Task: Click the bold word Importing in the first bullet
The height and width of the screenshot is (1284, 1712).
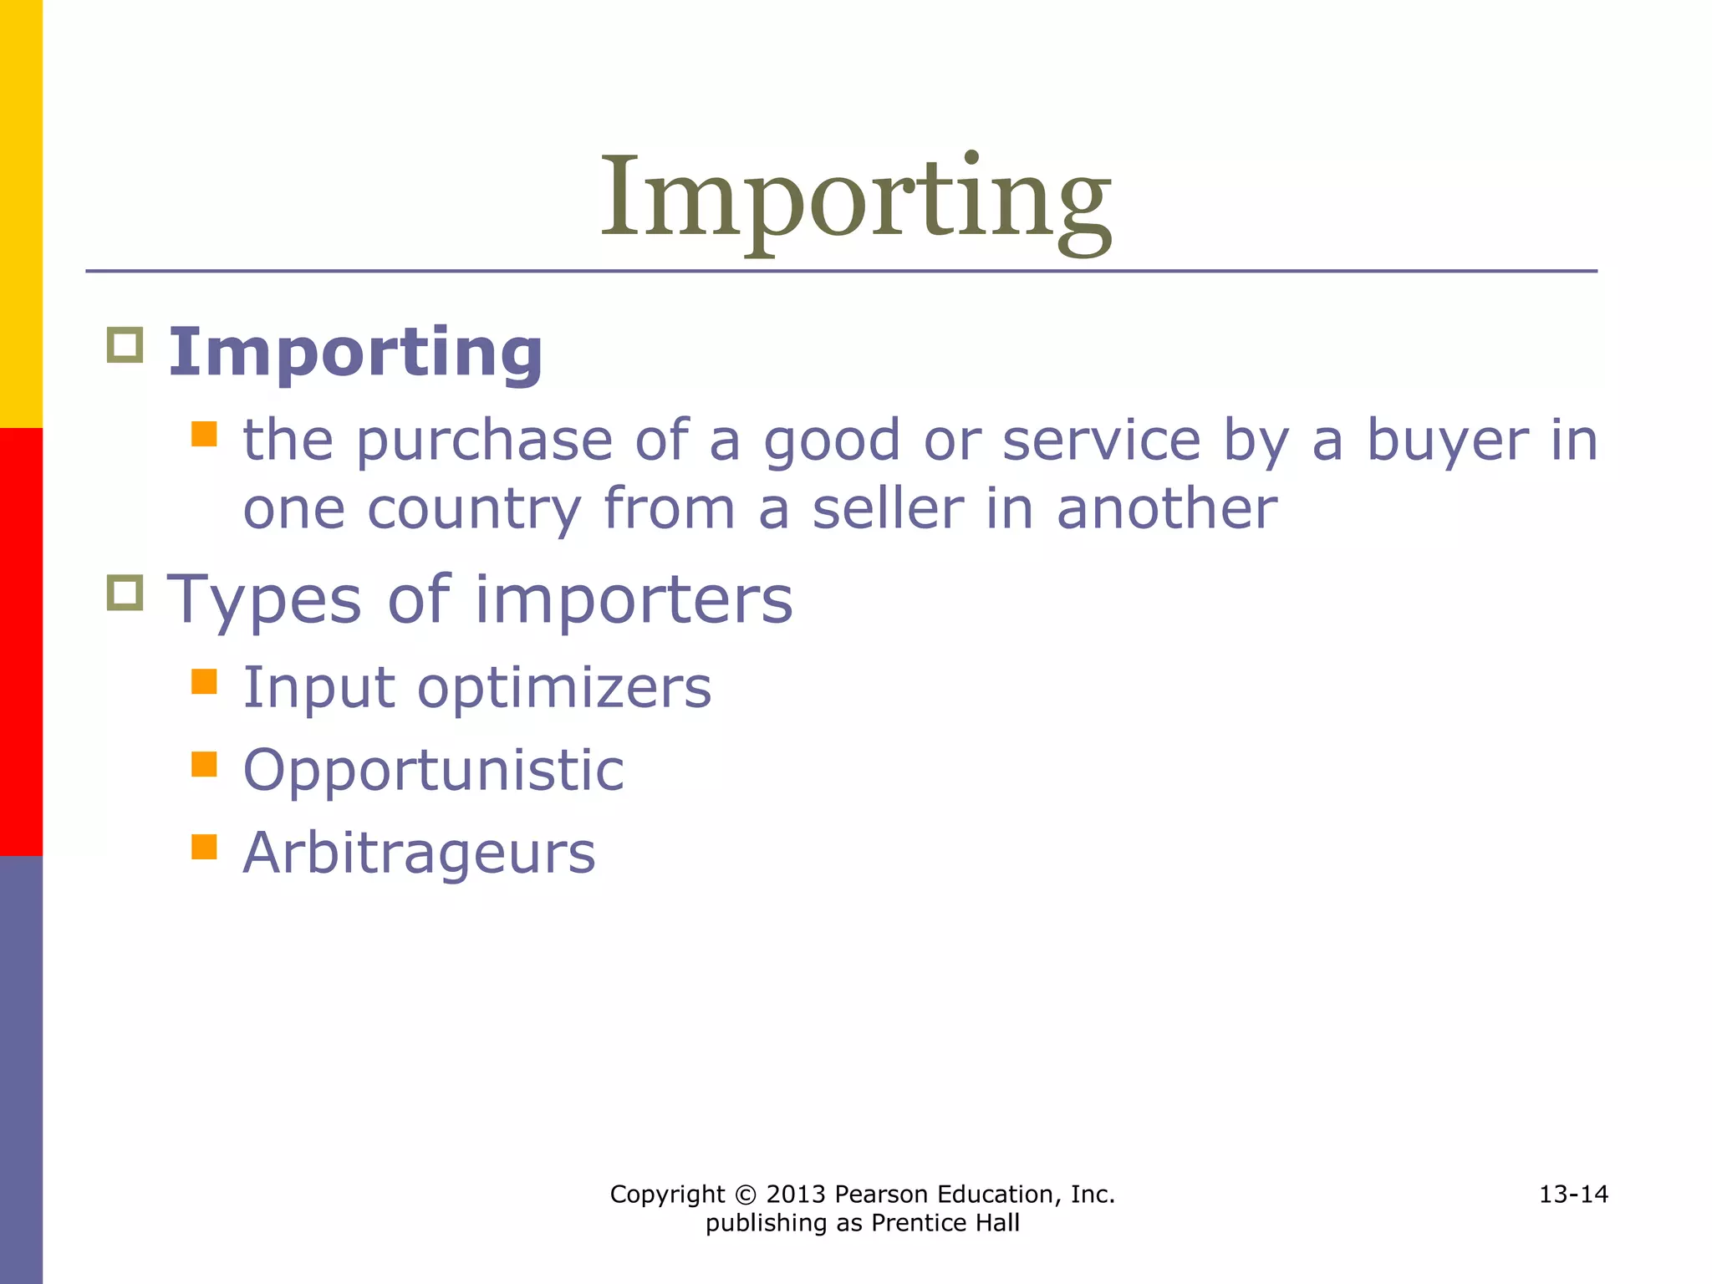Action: pyautogui.click(x=356, y=354)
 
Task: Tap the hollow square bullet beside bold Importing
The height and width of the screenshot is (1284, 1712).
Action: pyautogui.click(x=125, y=344)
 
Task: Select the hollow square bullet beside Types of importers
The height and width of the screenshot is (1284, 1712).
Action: pyautogui.click(x=125, y=593)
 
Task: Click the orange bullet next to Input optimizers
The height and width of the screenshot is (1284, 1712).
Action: pyautogui.click(x=204, y=681)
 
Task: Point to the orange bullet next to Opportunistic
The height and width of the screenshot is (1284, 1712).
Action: pyautogui.click(x=204, y=764)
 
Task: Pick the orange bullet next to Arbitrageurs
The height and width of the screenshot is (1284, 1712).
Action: pyautogui.click(x=204, y=847)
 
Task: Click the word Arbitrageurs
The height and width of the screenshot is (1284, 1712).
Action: pyautogui.click(x=419, y=853)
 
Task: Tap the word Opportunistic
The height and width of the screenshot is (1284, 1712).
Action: pyautogui.click(x=433, y=771)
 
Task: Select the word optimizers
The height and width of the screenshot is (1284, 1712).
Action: pyautogui.click(x=564, y=688)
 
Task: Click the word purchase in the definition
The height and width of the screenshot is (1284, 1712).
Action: pyautogui.click(x=484, y=441)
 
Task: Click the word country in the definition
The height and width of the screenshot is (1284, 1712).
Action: pyautogui.click(x=474, y=511)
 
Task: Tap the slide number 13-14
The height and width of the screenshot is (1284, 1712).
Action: pyautogui.click(x=1573, y=1195)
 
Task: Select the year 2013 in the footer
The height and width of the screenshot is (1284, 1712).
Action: pyautogui.click(x=796, y=1195)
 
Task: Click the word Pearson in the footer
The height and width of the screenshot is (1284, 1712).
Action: pyautogui.click(x=881, y=1195)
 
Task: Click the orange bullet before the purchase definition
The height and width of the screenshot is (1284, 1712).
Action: pyautogui.click(x=204, y=434)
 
